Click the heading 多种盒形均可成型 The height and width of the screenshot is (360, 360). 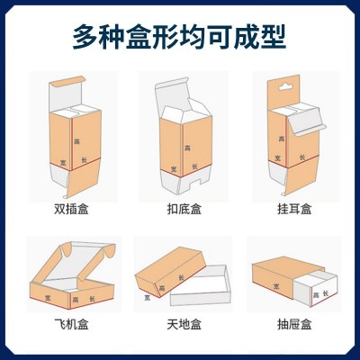(179, 37)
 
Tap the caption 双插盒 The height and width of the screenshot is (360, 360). (71, 209)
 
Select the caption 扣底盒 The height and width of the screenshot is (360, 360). (184, 209)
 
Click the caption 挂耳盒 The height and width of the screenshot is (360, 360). (294, 209)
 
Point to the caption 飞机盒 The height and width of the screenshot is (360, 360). (71, 324)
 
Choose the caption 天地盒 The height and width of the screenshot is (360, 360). (184, 324)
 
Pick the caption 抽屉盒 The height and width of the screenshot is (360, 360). (294, 324)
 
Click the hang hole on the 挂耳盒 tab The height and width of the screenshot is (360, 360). (285, 87)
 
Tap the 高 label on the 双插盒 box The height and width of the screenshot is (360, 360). (77, 141)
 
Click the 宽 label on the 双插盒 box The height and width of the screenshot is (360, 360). (63, 162)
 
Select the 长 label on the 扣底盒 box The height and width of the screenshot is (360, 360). (195, 166)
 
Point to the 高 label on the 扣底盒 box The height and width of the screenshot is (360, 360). (188, 148)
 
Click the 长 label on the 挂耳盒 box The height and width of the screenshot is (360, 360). (302, 157)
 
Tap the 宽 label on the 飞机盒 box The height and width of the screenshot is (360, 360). (48, 298)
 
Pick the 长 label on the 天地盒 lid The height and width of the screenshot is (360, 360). (182, 277)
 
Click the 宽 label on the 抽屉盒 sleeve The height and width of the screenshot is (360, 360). (276, 287)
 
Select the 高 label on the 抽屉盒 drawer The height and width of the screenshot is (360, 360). (316, 295)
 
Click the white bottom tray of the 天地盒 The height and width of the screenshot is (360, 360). (201, 288)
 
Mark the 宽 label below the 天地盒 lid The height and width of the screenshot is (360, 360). (148, 298)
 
